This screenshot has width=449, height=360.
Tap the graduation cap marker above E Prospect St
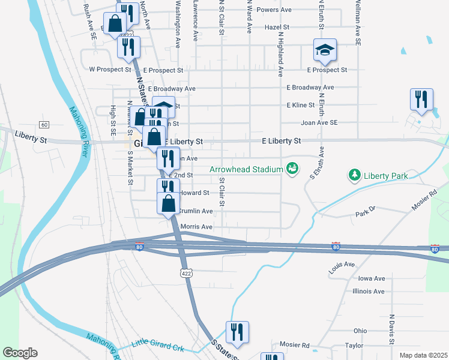pos(325,50)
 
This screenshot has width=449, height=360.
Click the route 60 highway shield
pos(44,124)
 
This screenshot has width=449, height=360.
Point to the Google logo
pos(20,353)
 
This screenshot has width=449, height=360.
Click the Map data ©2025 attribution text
pos(423,355)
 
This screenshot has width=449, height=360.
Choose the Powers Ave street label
pos(273,10)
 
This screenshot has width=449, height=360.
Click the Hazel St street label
pos(277,28)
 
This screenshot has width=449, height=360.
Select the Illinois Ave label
pos(369,291)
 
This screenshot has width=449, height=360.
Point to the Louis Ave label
pos(342,265)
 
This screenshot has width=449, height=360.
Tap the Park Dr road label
pos(364,213)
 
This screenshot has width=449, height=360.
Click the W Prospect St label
pos(110,70)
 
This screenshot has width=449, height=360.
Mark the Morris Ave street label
pos(197,227)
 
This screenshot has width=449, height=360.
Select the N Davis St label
pos(392,329)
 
